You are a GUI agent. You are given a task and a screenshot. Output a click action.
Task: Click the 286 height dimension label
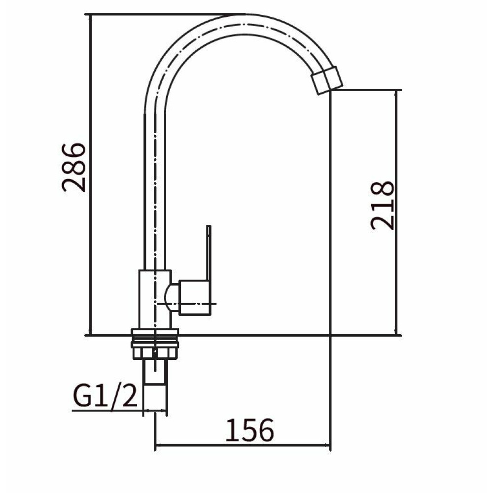point(73,167)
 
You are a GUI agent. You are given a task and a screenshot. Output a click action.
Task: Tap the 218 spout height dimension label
point(382,206)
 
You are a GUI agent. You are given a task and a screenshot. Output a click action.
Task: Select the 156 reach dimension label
point(249,430)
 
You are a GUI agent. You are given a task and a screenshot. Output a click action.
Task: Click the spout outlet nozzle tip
point(327,80)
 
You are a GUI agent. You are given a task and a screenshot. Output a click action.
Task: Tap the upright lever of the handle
point(208,253)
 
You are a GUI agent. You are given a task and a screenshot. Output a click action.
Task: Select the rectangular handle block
point(194,298)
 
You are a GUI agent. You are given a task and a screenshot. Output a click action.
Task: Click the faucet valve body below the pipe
point(155,299)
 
